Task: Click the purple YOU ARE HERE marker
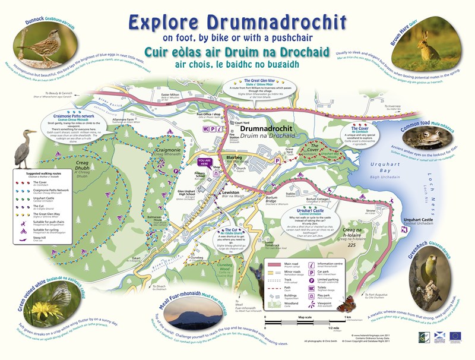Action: point(205,162)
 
